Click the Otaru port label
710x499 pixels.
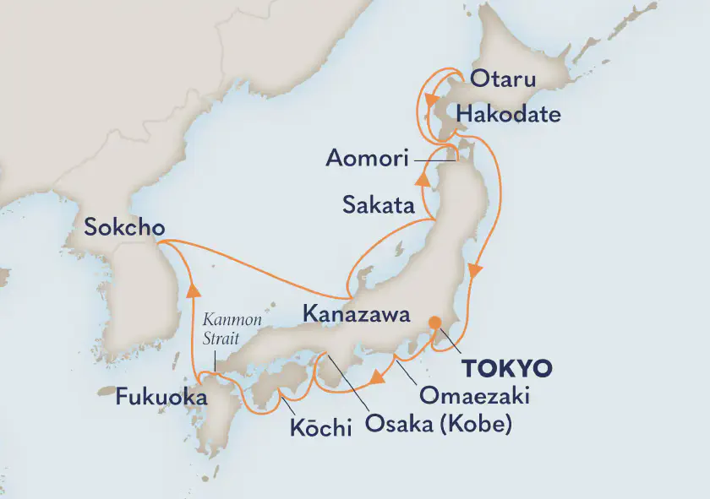point(503,81)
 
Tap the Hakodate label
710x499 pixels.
point(507,114)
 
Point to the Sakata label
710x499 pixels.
point(378,204)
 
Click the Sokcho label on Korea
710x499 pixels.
point(123,227)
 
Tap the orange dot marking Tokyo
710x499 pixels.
point(434,323)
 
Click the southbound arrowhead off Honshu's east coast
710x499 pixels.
point(476,271)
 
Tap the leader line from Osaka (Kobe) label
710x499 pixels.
point(347,379)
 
